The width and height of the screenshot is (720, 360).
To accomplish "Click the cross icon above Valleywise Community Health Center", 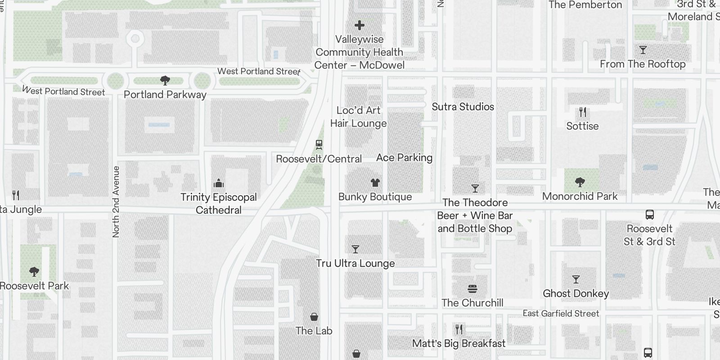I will point(359,25).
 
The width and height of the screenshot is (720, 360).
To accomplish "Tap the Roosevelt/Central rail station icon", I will point(319,144).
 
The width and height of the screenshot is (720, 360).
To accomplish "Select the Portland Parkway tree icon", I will point(165,81).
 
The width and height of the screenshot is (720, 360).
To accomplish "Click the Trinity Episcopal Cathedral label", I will point(219,203).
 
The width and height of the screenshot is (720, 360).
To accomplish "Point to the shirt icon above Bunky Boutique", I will point(375,182).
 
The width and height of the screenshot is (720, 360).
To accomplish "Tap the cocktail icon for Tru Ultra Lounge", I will point(355,249).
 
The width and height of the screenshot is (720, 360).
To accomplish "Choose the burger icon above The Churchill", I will point(472,288).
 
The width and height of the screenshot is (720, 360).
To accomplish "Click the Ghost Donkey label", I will point(576,293).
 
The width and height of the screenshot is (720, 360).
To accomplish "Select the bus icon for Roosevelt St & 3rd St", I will point(649,215).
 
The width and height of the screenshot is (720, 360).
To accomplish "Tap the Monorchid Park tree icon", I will point(580,182).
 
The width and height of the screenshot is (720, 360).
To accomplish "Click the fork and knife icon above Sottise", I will point(583,112).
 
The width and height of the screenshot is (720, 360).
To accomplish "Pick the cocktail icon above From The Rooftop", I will point(643,49).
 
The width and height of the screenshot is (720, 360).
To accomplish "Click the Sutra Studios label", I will point(463,107).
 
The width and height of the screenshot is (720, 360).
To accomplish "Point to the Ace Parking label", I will point(404,157).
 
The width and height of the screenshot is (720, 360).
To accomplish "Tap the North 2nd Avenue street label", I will point(116,202).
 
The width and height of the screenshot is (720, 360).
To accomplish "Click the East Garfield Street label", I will point(561,314).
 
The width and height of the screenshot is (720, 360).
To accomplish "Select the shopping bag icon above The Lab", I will point(314,317).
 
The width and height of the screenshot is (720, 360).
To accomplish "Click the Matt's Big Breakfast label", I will point(459,343).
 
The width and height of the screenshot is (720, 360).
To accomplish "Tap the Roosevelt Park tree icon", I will point(34,271).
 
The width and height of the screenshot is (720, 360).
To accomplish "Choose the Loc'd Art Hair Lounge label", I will point(359,117).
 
